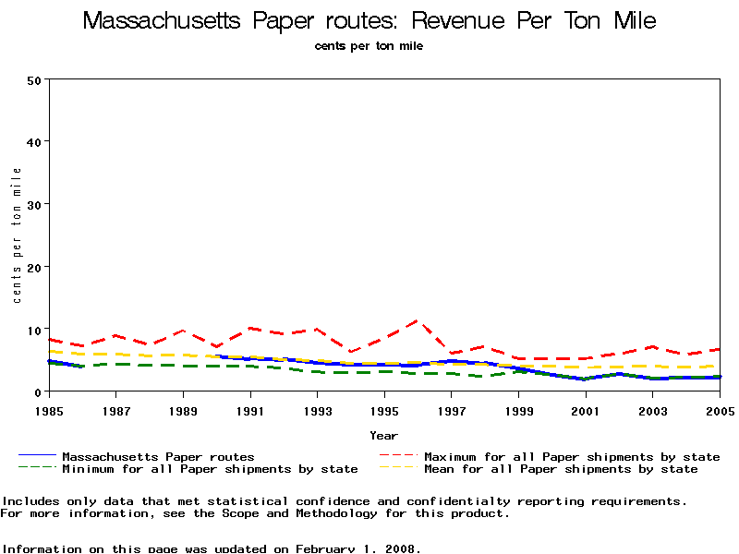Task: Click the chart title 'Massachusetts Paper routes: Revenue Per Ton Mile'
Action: [369, 20]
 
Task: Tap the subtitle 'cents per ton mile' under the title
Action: [369, 45]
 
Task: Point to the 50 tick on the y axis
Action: [35, 79]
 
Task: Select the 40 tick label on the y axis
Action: [35, 142]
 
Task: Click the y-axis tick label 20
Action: [35, 267]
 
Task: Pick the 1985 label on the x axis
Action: [49, 409]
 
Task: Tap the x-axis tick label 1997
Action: [452, 409]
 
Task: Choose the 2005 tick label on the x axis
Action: [720, 409]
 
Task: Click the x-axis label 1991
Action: [250, 409]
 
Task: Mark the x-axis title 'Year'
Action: [384, 435]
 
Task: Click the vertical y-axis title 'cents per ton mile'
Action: [17, 235]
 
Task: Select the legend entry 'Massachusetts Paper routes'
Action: [157, 456]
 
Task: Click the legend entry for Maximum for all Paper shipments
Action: [572, 456]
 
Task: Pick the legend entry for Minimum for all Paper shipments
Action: [210, 469]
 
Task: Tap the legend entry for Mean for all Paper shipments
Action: [561, 469]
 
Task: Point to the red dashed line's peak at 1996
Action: [418, 320]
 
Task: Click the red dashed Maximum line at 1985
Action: [49, 339]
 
